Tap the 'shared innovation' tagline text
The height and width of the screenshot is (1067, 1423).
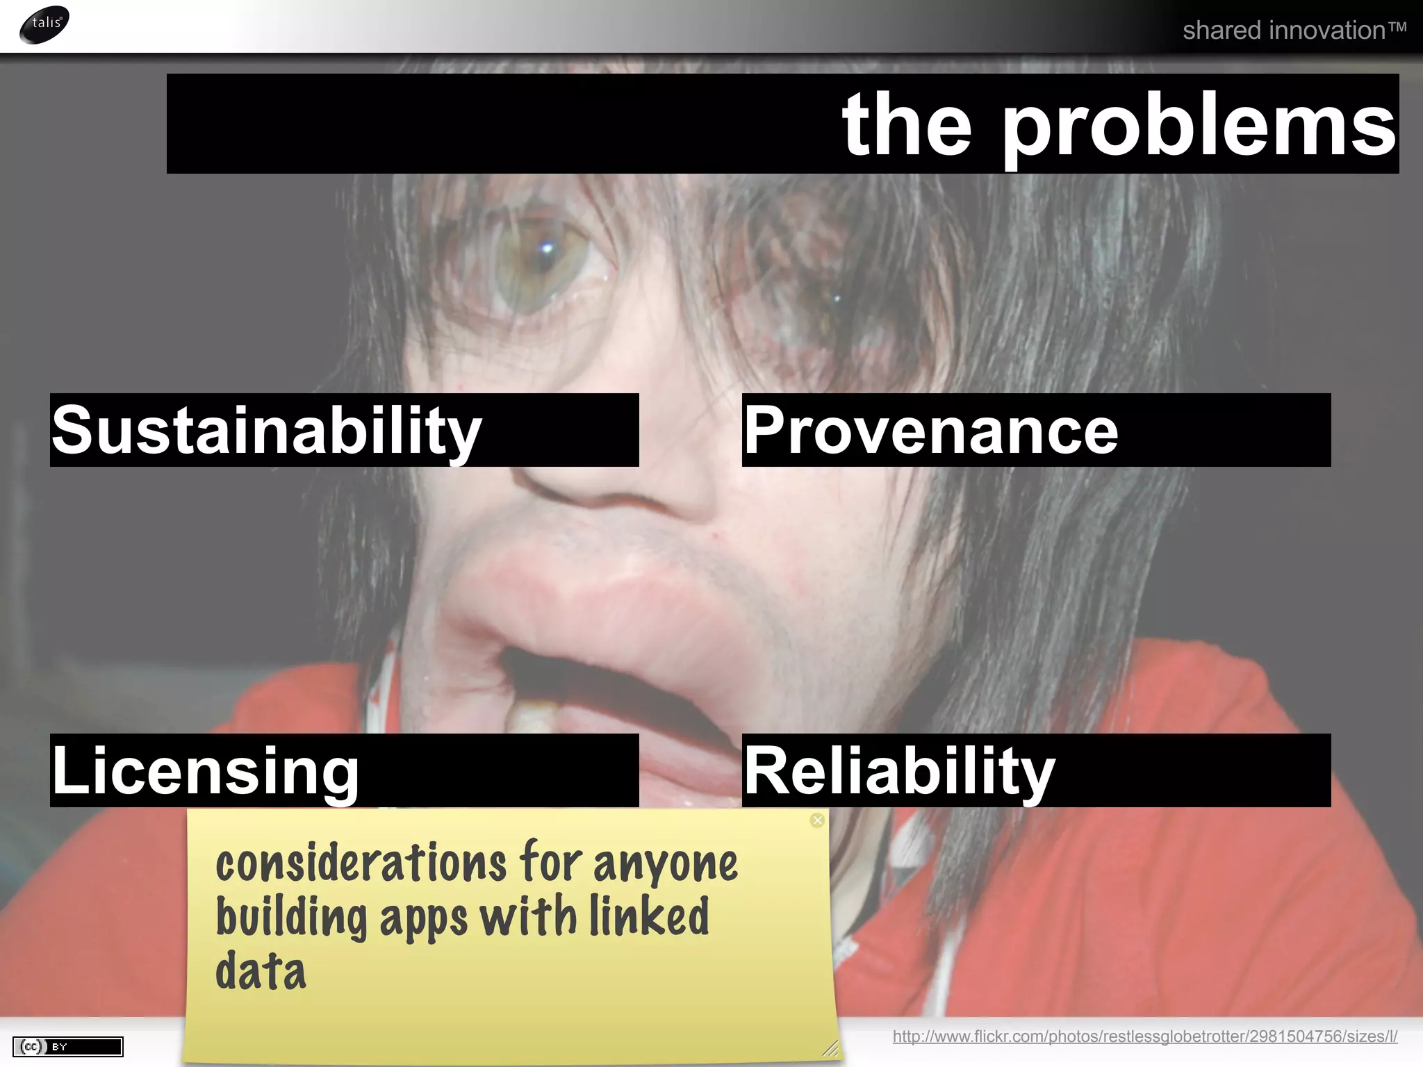(x=1294, y=31)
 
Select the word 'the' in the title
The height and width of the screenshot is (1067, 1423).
(x=906, y=125)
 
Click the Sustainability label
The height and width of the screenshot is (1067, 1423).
(x=267, y=431)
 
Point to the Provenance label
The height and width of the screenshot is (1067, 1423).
(x=931, y=431)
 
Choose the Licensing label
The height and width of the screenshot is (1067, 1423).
(x=206, y=771)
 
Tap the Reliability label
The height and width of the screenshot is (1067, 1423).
(x=899, y=771)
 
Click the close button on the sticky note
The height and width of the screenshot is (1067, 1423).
(x=817, y=820)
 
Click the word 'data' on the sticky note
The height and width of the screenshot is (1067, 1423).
(x=261, y=971)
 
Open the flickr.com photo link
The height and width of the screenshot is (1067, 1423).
(x=1144, y=1036)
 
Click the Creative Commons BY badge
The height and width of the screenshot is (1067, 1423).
(x=67, y=1046)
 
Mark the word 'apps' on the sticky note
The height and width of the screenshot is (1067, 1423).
(x=423, y=918)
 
